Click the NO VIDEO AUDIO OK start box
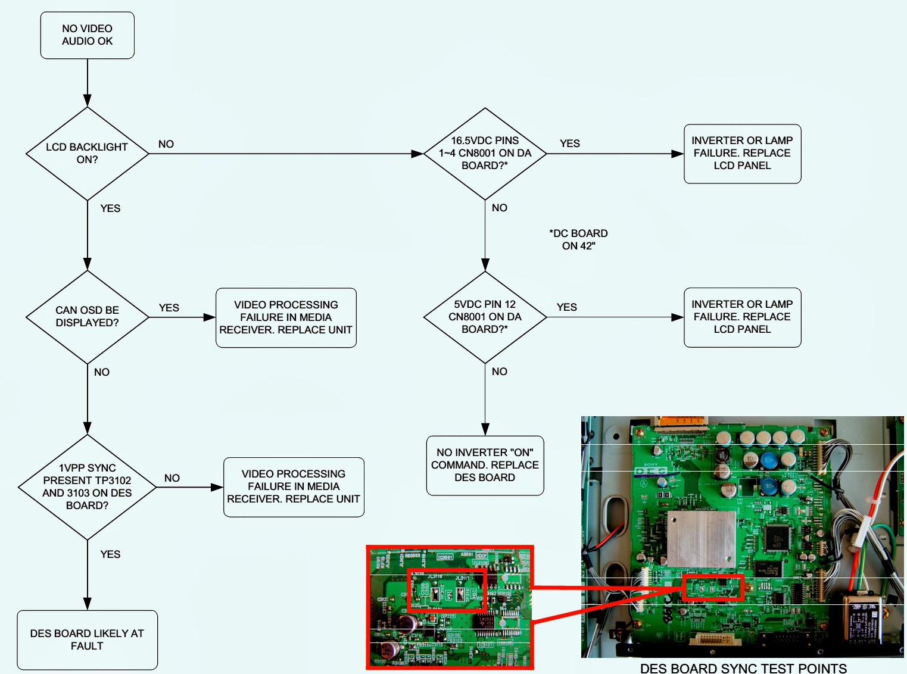click(87, 35)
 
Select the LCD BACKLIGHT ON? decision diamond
click(87, 153)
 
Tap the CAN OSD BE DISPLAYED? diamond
click(87, 316)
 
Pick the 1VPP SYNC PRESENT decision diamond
click(87, 486)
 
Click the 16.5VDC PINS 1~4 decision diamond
click(485, 153)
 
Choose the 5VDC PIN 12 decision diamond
click(485, 316)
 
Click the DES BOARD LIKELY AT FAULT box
click(87, 639)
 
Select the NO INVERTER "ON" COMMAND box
click(485, 465)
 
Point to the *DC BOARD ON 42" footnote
click(578, 239)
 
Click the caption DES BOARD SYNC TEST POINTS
click(743, 668)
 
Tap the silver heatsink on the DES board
click(701, 538)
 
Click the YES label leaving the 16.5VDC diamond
click(569, 143)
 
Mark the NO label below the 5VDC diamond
click(499, 372)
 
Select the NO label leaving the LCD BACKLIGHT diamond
click(166, 144)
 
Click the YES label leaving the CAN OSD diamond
click(169, 308)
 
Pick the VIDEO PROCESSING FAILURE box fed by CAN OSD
click(286, 317)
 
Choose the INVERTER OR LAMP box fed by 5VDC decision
click(742, 317)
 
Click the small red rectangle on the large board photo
click(713, 587)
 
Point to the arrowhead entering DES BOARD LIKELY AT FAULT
click(88, 604)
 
